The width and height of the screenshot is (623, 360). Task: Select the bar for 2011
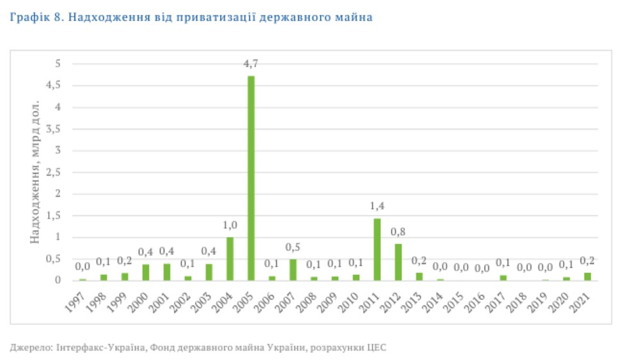tap(377, 249)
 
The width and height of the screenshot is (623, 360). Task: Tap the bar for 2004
tap(230, 259)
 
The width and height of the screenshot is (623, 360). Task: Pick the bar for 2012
tap(398, 262)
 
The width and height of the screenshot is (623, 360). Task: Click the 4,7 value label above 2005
tap(251, 63)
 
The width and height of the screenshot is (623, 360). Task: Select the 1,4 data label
tap(377, 206)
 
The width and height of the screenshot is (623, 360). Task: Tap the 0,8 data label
tap(398, 232)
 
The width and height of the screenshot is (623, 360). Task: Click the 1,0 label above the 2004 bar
tap(230, 225)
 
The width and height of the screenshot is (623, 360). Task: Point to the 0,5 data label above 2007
tap(293, 247)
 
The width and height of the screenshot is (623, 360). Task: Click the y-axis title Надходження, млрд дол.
tap(36, 171)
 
